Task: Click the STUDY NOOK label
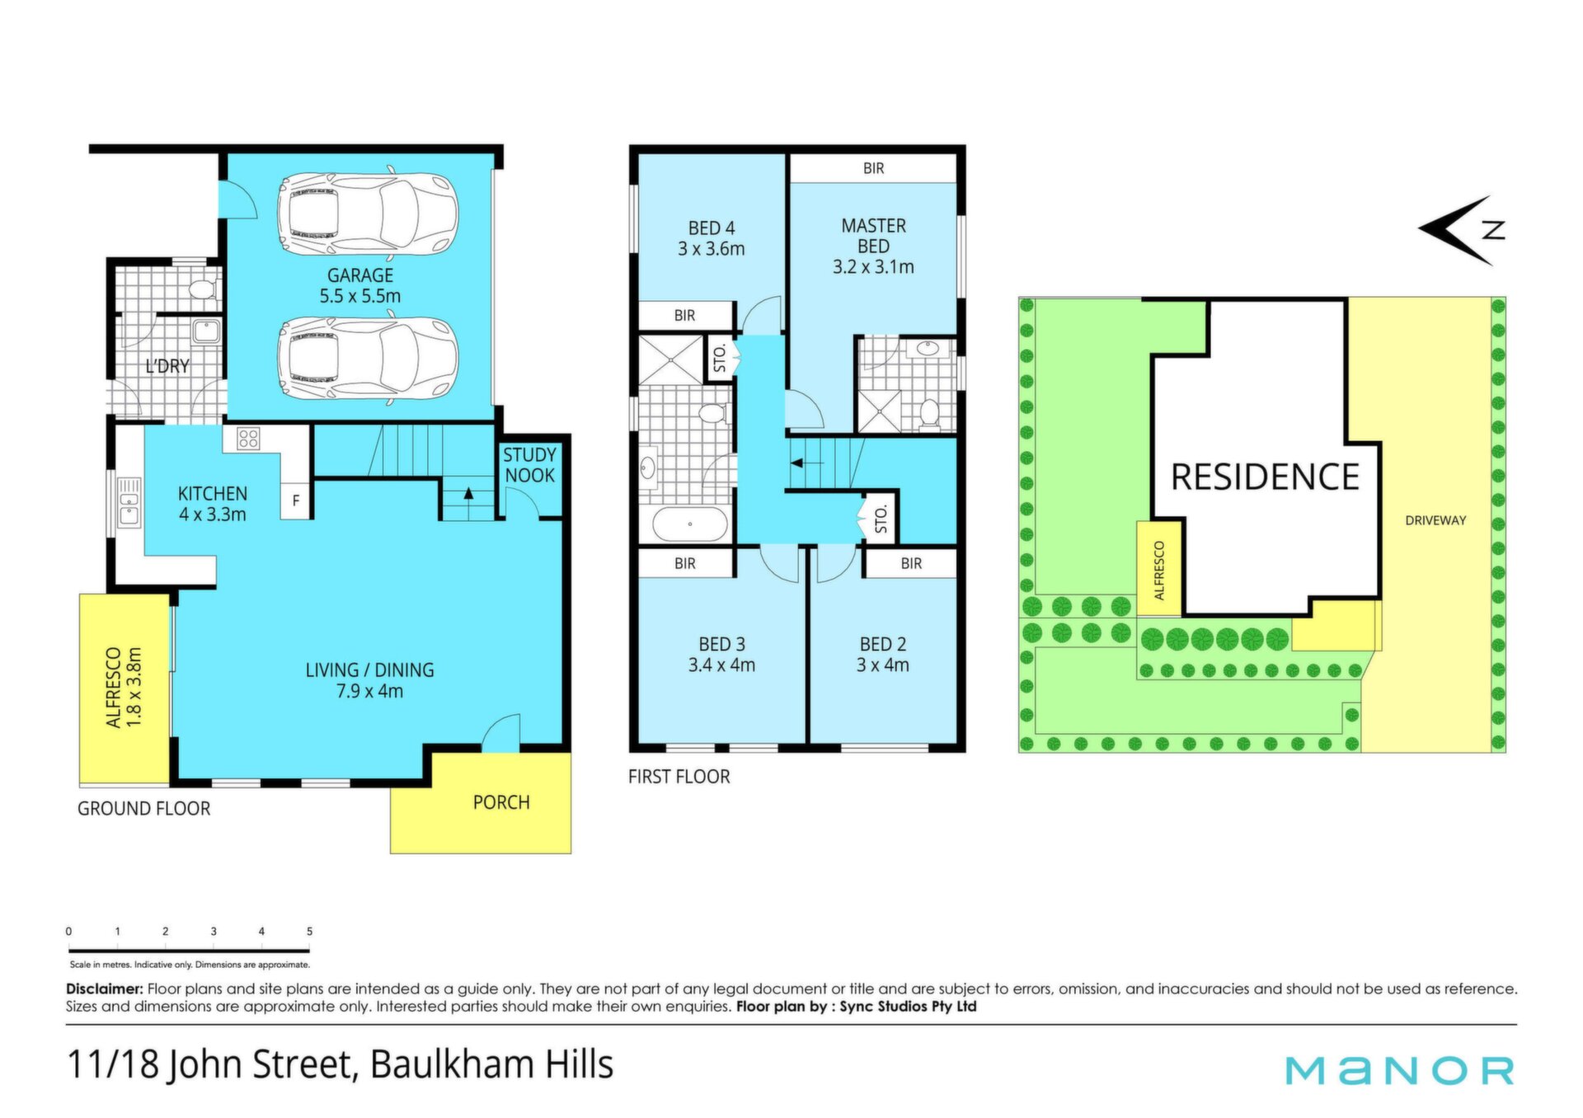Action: pyautogui.click(x=529, y=465)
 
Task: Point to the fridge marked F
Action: pyautogui.click(x=296, y=500)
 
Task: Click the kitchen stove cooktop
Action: pyautogui.click(x=248, y=439)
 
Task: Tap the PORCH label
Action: pyautogui.click(x=501, y=802)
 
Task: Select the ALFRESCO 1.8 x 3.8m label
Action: pyautogui.click(x=124, y=687)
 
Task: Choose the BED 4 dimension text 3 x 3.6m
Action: pyautogui.click(x=712, y=249)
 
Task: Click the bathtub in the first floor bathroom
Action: pyautogui.click(x=691, y=523)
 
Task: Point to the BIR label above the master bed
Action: pyautogui.click(x=874, y=168)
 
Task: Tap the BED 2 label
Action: pyautogui.click(x=883, y=644)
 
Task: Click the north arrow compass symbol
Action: pyautogui.click(x=1462, y=230)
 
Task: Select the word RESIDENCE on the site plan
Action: pyautogui.click(x=1265, y=477)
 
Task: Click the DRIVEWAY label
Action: pyautogui.click(x=1435, y=520)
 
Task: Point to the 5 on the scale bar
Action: pyautogui.click(x=309, y=931)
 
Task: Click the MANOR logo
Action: pyautogui.click(x=1400, y=1070)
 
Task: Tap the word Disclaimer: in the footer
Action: pyautogui.click(x=105, y=989)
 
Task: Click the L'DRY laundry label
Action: pyautogui.click(x=167, y=366)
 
